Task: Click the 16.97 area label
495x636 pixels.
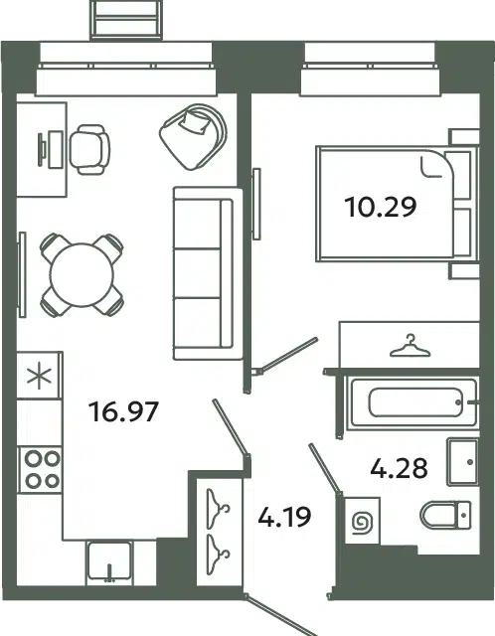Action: point(123,411)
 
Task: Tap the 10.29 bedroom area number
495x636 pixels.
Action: point(380,207)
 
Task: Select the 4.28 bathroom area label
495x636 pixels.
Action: point(399,468)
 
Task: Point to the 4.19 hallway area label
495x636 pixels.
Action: point(285,517)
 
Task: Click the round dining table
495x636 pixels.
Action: point(82,275)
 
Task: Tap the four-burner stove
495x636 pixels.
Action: point(41,470)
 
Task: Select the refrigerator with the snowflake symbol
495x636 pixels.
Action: point(39,376)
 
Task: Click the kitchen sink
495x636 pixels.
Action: point(109,561)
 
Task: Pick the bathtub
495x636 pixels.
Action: point(413,402)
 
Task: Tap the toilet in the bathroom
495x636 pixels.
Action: point(445,515)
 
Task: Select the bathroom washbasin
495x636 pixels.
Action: point(462,461)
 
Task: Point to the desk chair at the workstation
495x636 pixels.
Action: point(89,149)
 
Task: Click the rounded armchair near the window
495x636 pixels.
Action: point(193,137)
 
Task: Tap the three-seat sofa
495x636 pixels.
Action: point(208,273)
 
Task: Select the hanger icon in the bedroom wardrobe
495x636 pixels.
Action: point(410,346)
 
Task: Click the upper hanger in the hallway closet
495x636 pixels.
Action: point(218,509)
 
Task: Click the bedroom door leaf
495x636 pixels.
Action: point(287,355)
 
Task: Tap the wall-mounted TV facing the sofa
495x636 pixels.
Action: point(256,204)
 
